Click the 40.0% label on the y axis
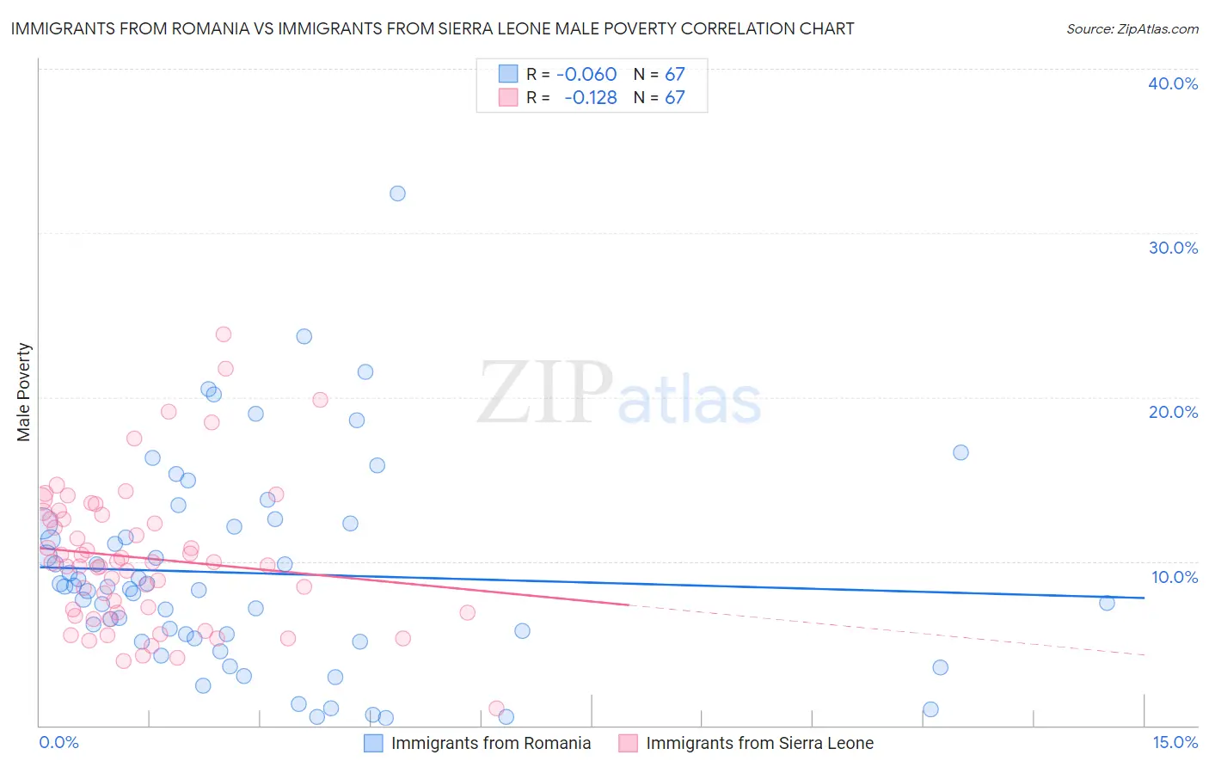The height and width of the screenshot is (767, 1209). click(1172, 83)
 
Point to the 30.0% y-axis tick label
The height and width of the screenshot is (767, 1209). click(1172, 248)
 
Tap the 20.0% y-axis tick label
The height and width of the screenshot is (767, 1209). click(1172, 412)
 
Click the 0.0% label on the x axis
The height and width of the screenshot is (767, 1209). click(58, 742)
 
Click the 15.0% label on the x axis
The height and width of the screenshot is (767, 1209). click(1175, 742)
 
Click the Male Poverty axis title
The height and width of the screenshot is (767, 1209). click(24, 392)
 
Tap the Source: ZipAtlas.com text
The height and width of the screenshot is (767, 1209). click(1132, 29)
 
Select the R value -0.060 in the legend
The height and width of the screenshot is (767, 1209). click(586, 75)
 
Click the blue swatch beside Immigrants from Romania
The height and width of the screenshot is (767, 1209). click(373, 743)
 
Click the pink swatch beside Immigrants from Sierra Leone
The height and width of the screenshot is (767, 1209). click(628, 743)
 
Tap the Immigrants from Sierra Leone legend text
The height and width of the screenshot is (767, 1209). click(759, 743)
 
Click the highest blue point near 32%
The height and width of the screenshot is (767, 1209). click(397, 193)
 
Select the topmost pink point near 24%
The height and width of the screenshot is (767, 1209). click(224, 334)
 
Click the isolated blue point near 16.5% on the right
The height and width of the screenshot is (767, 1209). click(960, 452)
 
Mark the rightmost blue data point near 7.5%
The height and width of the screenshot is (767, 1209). click(1107, 603)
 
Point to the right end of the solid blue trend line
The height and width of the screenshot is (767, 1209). click(1144, 598)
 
